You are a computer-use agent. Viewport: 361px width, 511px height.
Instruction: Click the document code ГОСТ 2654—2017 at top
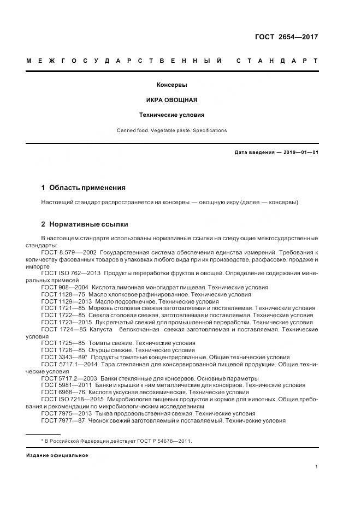coord(286,37)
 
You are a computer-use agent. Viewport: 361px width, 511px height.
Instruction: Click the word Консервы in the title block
coord(172,85)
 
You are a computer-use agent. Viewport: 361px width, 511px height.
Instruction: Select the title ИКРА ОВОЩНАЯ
coord(172,100)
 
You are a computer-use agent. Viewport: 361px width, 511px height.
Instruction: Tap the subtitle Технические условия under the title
coord(172,115)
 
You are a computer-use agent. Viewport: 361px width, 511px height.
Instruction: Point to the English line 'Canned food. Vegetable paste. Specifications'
coord(172,130)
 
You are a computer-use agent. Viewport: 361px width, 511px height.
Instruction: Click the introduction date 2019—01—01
coord(300,152)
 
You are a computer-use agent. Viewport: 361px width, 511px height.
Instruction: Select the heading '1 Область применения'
coord(83,187)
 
